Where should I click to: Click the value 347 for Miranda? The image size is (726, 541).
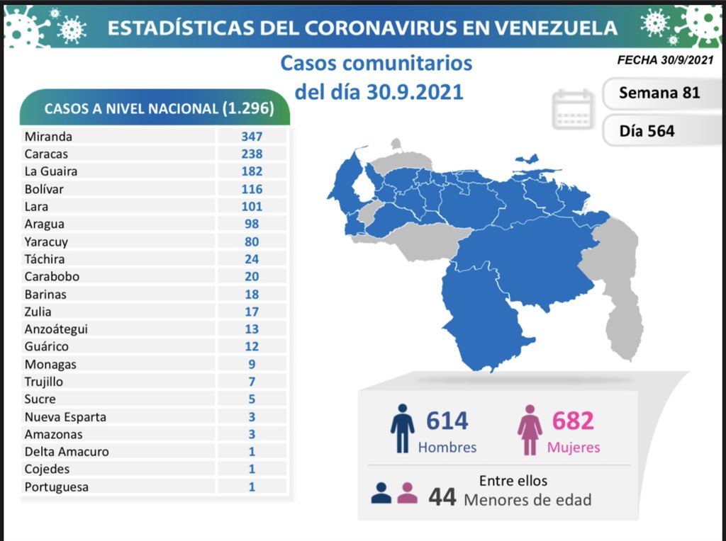[x=251, y=136]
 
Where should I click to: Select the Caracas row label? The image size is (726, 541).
[x=47, y=154]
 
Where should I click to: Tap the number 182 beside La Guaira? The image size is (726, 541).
[x=251, y=171]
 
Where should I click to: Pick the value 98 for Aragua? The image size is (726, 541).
[x=251, y=224]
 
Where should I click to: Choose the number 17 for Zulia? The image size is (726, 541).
[x=251, y=312]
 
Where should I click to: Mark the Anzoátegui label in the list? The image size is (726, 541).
[x=56, y=329]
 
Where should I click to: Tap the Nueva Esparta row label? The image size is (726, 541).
[x=65, y=417]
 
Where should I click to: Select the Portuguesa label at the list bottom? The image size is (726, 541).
[x=56, y=487]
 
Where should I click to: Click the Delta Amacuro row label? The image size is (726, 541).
[x=67, y=452]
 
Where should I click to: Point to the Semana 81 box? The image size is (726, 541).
[x=659, y=93]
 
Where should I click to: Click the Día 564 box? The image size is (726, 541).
[x=646, y=130]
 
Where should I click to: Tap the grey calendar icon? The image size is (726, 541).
[x=572, y=110]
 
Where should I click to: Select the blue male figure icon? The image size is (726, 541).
[x=402, y=428]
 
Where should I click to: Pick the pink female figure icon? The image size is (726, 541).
[x=529, y=429]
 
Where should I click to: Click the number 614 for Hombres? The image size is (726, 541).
[x=447, y=421]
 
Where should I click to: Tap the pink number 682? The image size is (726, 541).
[x=572, y=421]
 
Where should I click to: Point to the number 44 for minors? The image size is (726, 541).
[x=442, y=497]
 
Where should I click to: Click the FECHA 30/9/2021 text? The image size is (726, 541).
[x=665, y=62]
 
